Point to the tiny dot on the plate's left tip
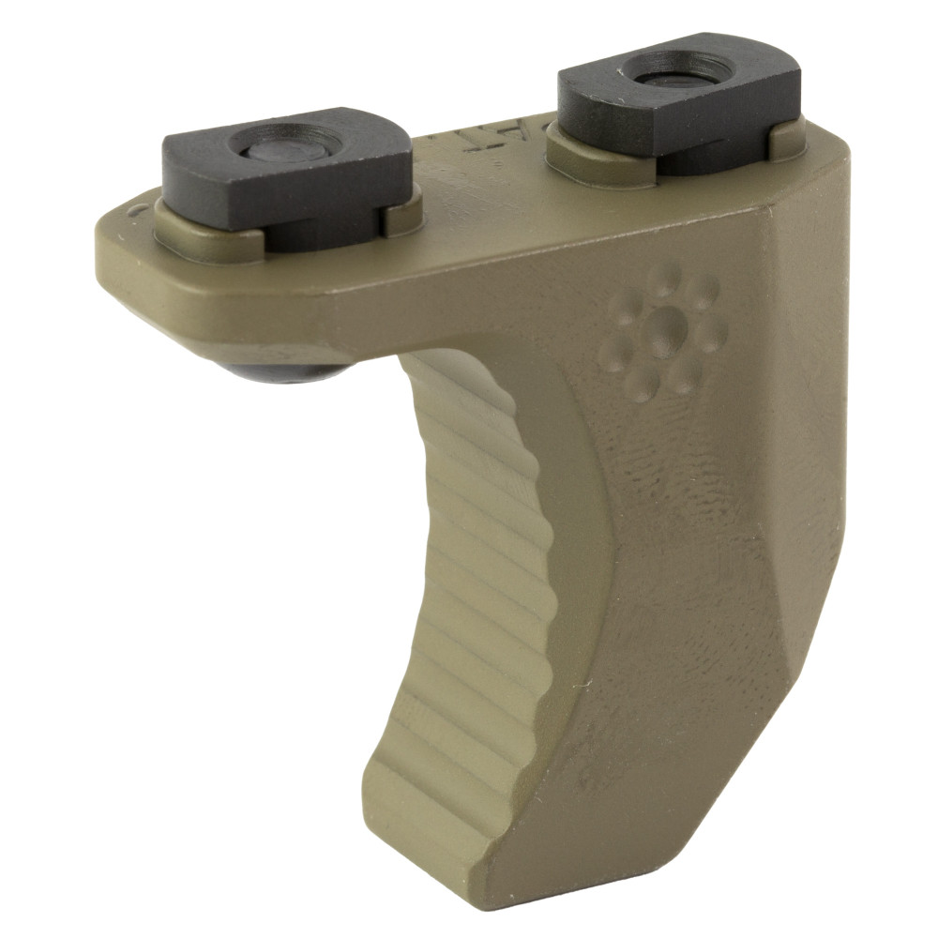[137, 211]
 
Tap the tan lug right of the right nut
[786, 139]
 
